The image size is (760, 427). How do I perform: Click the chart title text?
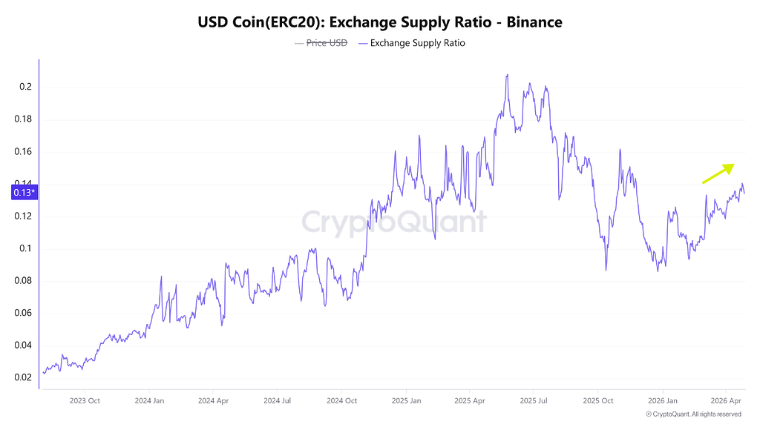coord(379,22)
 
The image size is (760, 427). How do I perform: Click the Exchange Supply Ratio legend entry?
coord(417,43)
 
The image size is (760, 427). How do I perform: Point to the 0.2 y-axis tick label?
coord(26,87)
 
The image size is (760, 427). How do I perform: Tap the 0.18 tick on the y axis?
coord(24,119)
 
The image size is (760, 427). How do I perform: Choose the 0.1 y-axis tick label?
coord(26,248)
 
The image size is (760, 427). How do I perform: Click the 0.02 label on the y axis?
coord(24,377)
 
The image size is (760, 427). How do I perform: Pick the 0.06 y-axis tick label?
coord(24,313)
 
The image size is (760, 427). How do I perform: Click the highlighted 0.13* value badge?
coord(24,193)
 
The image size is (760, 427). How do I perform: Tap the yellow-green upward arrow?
coord(718,173)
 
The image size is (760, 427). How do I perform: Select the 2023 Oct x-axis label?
coord(84,401)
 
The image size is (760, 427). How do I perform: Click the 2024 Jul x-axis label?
coord(277,401)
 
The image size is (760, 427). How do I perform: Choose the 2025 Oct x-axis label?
coord(597,401)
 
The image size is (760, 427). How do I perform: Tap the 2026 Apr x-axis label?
coord(726,401)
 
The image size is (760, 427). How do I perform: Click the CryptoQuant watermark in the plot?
coord(393,222)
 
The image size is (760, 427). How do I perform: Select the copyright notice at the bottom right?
coord(693,414)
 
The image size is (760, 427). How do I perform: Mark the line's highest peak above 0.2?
coord(507,75)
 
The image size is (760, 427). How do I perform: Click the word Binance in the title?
coord(534,22)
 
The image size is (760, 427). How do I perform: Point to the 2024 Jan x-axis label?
coord(148,401)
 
